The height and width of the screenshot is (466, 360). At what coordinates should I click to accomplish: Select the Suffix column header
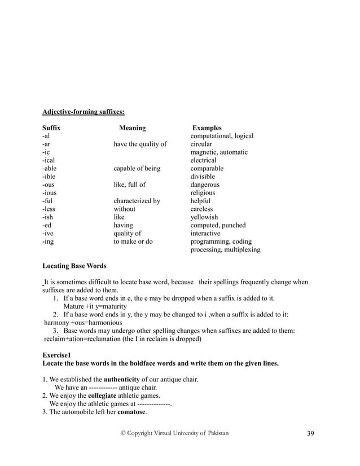point(51,128)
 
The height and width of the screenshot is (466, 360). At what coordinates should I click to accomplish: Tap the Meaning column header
point(132,128)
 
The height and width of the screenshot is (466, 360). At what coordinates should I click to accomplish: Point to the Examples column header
point(207,128)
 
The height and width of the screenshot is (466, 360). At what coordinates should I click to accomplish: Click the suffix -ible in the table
point(50,177)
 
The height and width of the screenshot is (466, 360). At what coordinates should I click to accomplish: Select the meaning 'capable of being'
point(137,169)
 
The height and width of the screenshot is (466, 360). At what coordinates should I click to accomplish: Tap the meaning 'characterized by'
point(137,201)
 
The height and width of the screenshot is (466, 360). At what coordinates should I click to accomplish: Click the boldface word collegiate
point(107,395)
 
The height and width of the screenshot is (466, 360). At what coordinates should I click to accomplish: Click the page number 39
point(310,433)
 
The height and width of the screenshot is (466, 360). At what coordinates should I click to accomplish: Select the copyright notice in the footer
point(175,432)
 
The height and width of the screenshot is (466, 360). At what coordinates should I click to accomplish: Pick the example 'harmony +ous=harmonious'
point(83,323)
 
